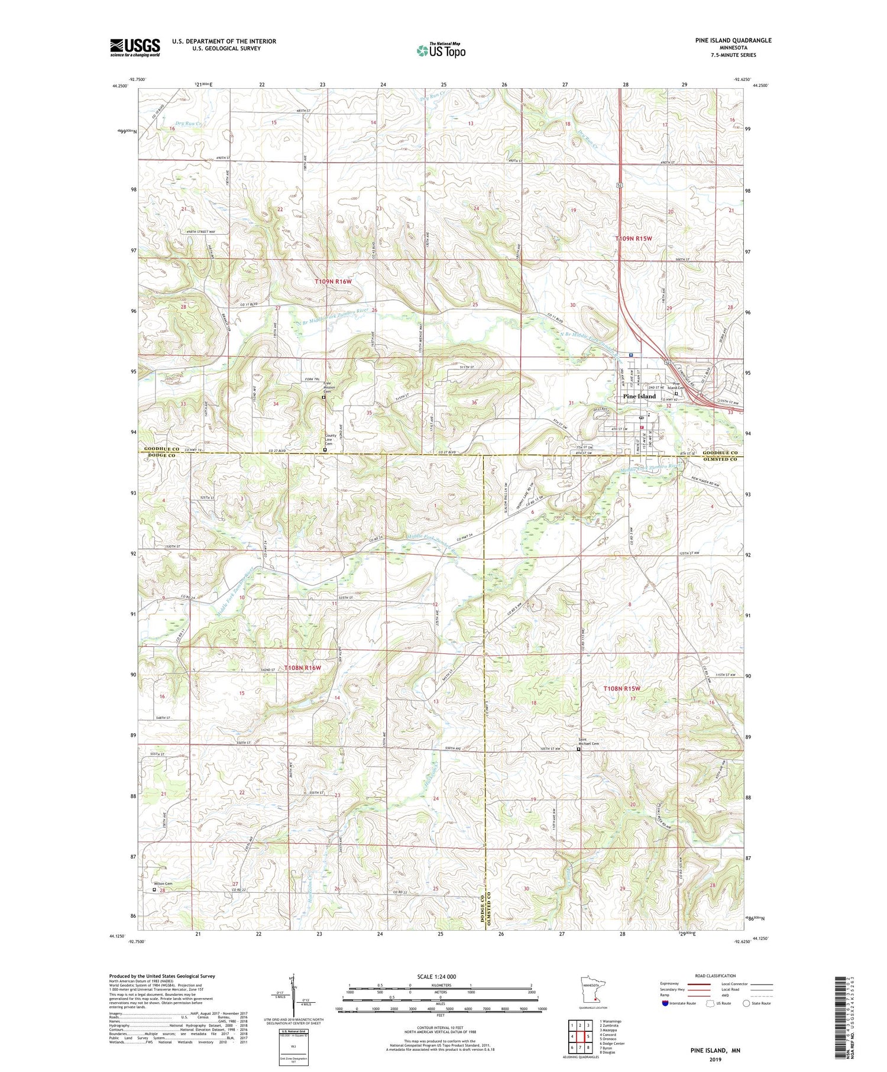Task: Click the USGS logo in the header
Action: point(135,47)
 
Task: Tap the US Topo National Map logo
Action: point(441,50)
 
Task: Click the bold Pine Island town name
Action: point(639,396)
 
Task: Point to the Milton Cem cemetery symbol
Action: point(155,889)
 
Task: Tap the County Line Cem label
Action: point(331,440)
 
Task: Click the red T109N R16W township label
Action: point(333,282)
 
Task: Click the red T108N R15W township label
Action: point(621,689)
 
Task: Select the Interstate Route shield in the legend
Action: point(665,1003)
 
